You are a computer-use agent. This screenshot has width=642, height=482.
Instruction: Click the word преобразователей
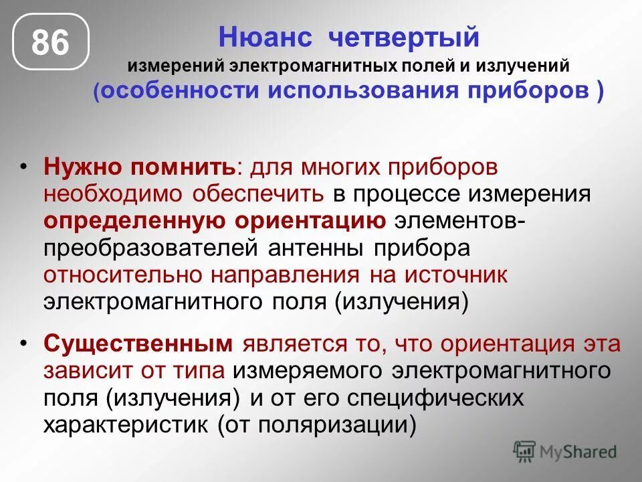(150, 248)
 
